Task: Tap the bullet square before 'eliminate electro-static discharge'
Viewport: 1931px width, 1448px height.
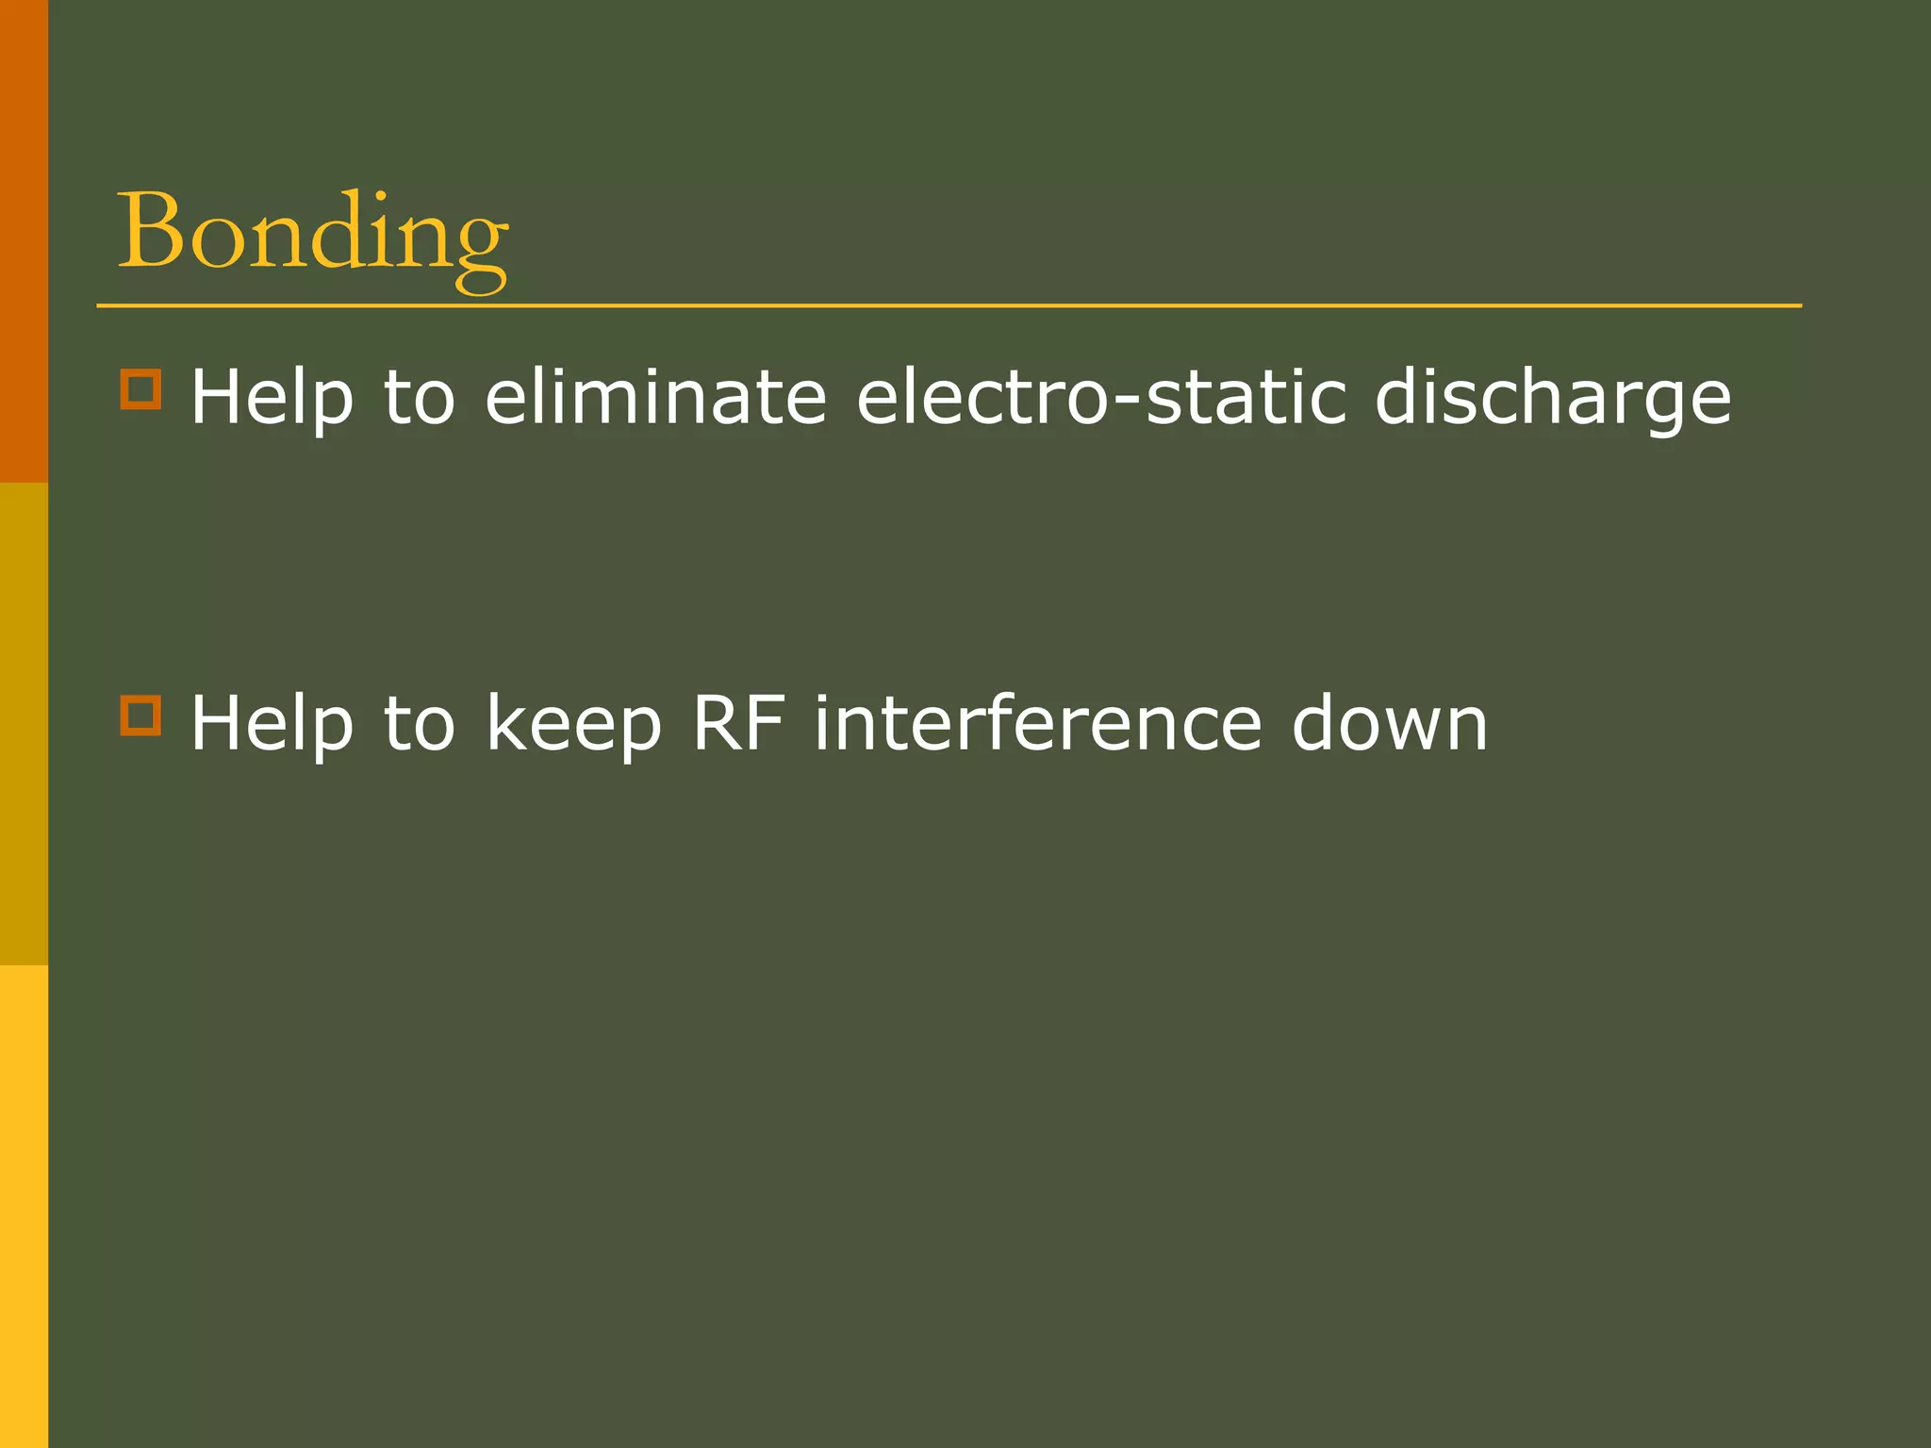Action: coord(140,388)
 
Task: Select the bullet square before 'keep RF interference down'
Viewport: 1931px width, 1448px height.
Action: coord(140,715)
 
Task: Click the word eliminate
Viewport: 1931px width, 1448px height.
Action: coord(655,397)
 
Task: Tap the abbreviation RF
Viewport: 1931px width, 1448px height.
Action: coord(738,722)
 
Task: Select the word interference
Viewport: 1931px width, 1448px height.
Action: coord(1038,722)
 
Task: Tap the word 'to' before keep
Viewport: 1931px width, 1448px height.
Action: coord(420,724)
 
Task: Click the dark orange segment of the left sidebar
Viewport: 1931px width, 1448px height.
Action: coord(24,240)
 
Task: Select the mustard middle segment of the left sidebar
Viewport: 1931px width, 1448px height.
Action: coord(24,724)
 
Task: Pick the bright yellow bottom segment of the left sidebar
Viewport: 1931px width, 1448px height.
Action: coord(24,1207)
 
